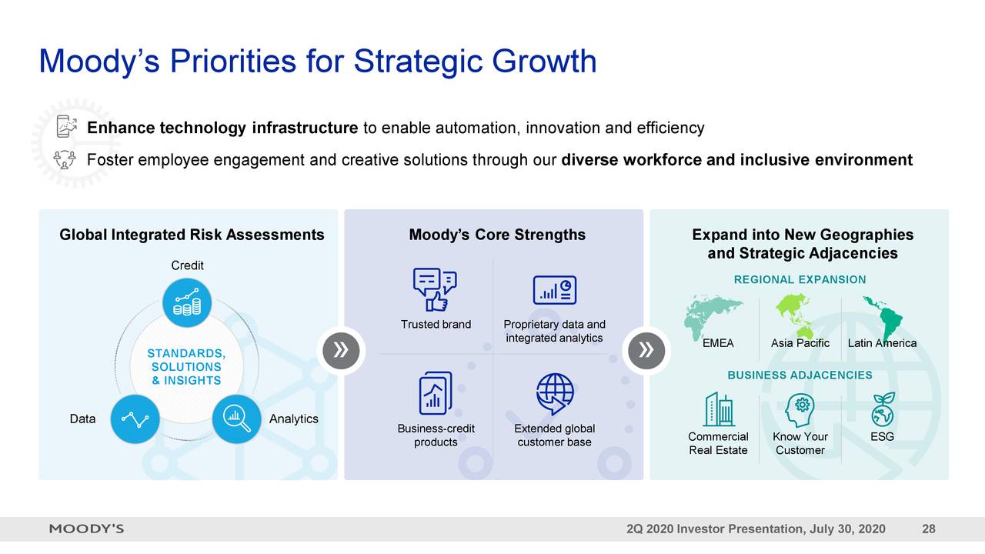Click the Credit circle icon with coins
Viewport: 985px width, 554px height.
pos(187,302)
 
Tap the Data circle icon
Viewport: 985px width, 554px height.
pos(135,419)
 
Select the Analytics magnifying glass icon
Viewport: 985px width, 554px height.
pos(236,419)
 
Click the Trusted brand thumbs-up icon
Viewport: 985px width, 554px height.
pos(435,289)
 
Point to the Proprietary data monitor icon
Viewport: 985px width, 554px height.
pos(554,290)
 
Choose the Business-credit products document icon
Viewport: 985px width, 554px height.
pos(436,393)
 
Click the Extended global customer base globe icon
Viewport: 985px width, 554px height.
pos(555,394)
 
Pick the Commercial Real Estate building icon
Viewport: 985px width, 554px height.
pos(718,409)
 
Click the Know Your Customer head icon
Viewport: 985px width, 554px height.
pos(800,410)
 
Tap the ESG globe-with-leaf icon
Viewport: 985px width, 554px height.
pos(882,410)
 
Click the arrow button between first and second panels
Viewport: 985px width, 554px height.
pos(341,351)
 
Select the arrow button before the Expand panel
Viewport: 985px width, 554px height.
pos(646,351)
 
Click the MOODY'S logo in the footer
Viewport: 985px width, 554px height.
pos(87,529)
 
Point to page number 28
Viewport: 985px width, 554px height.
pos(928,529)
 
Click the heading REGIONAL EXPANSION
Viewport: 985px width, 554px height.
pos(800,280)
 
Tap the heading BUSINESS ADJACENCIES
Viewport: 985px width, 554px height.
pos(800,375)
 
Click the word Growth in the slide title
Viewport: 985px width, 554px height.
pos(545,62)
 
